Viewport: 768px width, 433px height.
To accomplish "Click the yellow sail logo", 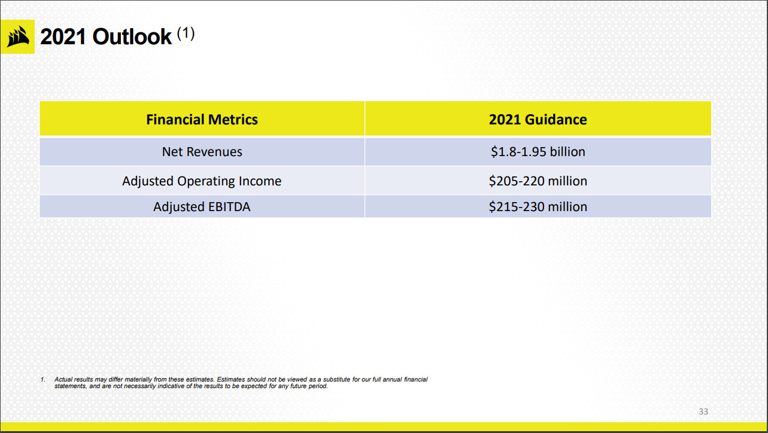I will pyautogui.click(x=17, y=37).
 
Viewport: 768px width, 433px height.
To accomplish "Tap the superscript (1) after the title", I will pyautogui.click(x=186, y=34).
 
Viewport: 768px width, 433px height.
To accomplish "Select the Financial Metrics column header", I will pyautogui.click(x=202, y=120).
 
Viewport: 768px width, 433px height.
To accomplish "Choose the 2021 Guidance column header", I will pyautogui.click(x=538, y=120).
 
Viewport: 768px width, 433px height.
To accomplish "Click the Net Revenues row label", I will pyautogui.click(x=202, y=152).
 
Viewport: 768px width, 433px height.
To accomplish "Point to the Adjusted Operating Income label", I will pyautogui.click(x=202, y=181).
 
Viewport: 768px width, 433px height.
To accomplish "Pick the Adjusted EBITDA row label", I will pyautogui.click(x=202, y=207).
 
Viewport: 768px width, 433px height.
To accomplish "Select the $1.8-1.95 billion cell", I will pyautogui.click(x=538, y=152).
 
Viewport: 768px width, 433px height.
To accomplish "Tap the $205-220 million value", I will pyautogui.click(x=538, y=181).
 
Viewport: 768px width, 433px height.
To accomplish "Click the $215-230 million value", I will pyautogui.click(x=538, y=207).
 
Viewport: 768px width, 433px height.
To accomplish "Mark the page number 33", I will pyautogui.click(x=703, y=411).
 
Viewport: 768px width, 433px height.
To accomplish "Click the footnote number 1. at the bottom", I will pyautogui.click(x=43, y=380).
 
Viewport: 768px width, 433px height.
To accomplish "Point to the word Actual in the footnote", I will pyautogui.click(x=63, y=380).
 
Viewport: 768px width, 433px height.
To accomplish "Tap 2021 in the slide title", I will pyautogui.click(x=63, y=37).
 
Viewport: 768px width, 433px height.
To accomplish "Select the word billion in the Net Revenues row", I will pyautogui.click(x=566, y=152).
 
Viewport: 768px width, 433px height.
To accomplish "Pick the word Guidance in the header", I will pyautogui.click(x=555, y=120).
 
